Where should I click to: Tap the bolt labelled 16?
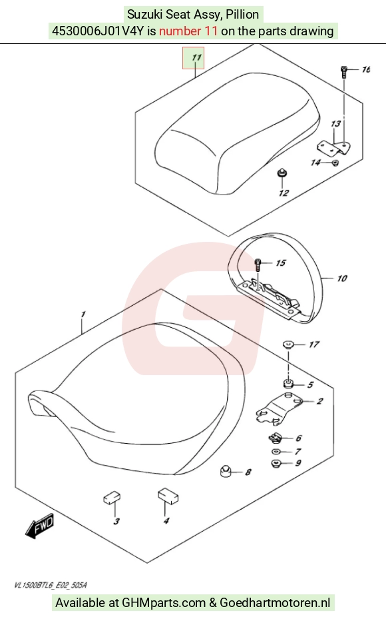tap(343, 71)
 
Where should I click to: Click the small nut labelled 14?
tap(335, 162)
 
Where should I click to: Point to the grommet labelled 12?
tap(282, 173)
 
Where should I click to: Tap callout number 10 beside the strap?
tap(342, 279)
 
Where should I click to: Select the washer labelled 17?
tap(288, 345)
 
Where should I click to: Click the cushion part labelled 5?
tap(288, 383)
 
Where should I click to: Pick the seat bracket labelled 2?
tap(278, 408)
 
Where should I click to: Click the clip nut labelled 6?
tap(275, 438)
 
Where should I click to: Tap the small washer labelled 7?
tap(276, 451)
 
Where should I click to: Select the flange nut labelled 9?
tap(276, 463)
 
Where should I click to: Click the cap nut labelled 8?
tap(226, 471)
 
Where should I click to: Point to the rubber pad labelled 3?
tap(112, 497)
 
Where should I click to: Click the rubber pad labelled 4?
tap(168, 495)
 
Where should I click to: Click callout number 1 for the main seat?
tap(83, 314)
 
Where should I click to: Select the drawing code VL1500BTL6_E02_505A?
tap(51, 585)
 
